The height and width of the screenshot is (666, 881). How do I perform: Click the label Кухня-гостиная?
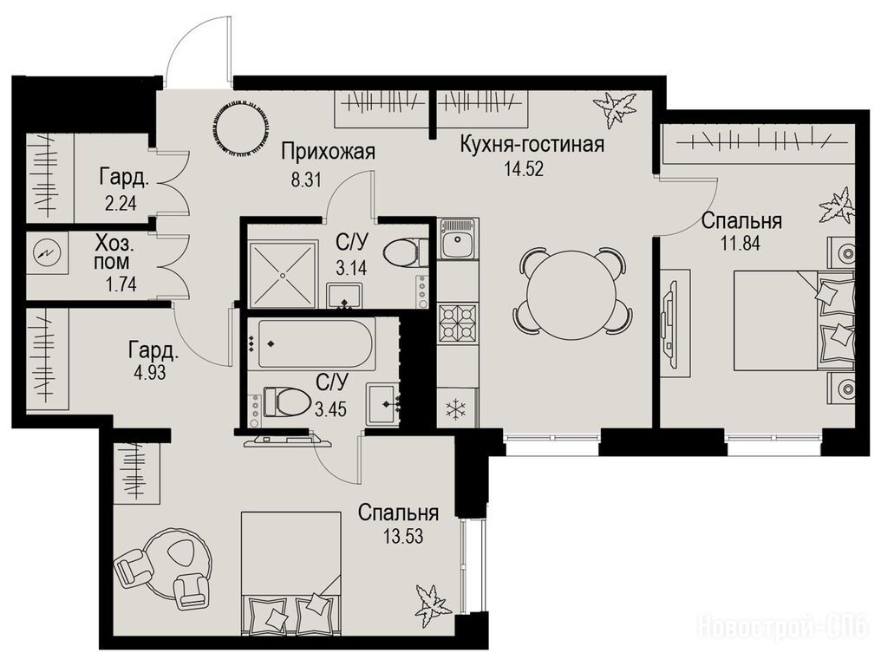point(532,145)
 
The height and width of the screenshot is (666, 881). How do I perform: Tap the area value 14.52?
point(523,168)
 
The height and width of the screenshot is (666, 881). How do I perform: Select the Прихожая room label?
point(328,152)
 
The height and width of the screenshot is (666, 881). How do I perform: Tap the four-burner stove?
point(457,324)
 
